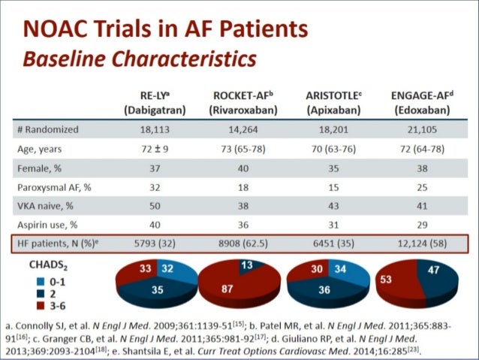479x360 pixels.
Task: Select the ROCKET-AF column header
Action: pyautogui.click(x=243, y=102)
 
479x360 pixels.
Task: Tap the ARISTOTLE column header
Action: pyautogui.click(x=333, y=102)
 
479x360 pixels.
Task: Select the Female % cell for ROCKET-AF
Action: pyautogui.click(x=243, y=168)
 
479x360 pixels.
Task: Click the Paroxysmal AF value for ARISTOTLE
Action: pyautogui.click(x=333, y=187)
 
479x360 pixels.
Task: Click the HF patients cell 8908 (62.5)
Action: pyautogui.click(x=243, y=244)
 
